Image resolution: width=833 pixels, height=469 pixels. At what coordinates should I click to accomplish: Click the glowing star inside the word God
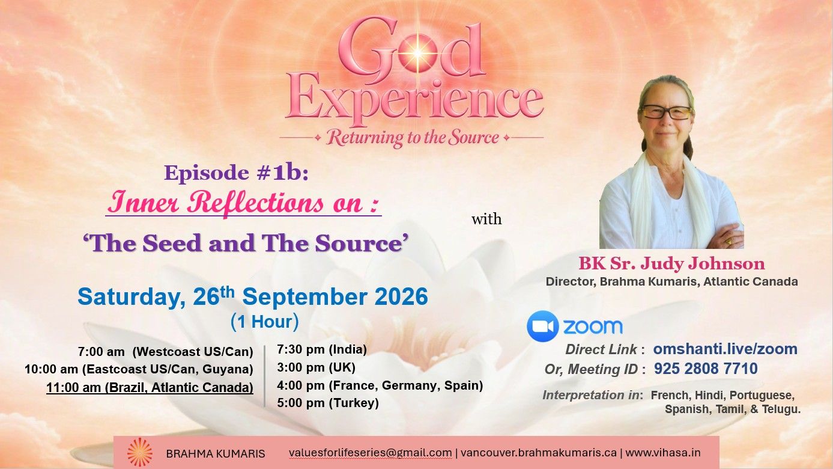(x=417, y=54)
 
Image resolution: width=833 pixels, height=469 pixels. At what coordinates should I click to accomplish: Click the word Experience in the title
(x=414, y=99)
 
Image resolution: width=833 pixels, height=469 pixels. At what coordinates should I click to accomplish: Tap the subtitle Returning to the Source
(x=412, y=138)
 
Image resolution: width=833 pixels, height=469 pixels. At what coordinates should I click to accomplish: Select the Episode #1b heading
(x=237, y=173)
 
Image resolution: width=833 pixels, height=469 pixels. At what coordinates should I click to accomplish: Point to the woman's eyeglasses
(x=666, y=112)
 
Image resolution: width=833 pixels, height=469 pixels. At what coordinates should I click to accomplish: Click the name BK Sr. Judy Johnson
(x=671, y=263)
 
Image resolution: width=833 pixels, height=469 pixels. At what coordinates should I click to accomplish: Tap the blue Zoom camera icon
(x=542, y=326)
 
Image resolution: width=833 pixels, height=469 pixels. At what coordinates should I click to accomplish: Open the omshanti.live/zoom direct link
(x=725, y=349)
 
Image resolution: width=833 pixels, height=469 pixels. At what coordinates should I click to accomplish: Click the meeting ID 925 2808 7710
(x=706, y=369)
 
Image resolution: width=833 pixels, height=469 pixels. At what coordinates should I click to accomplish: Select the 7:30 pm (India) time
(x=322, y=349)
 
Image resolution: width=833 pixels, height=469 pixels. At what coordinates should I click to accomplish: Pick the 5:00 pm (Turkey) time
(x=328, y=403)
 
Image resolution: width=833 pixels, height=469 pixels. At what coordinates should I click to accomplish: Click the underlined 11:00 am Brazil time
(x=150, y=387)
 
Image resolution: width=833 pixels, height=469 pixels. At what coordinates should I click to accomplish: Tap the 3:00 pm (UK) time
(x=316, y=367)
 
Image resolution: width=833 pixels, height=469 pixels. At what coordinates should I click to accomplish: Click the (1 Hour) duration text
(x=265, y=322)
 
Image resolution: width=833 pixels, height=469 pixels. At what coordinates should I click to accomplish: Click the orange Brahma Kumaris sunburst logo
(x=139, y=453)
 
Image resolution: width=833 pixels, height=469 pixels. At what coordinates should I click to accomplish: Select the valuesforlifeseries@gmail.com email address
(x=371, y=453)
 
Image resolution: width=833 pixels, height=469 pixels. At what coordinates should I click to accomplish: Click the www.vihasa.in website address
(x=663, y=453)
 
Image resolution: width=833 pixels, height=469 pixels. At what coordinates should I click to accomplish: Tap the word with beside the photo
(x=486, y=219)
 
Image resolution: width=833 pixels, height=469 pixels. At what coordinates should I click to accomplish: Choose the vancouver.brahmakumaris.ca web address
(x=539, y=453)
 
